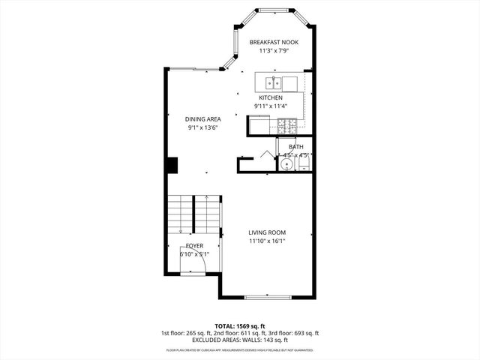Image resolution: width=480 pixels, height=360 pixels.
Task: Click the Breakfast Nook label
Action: [x=274, y=42]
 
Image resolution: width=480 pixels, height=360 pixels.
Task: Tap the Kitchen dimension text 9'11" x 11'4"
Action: [x=271, y=106]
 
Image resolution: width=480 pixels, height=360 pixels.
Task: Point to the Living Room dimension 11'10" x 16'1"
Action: [x=268, y=241]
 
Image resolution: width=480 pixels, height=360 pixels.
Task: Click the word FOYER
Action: [x=194, y=246]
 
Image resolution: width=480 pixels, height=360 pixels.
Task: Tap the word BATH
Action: [x=295, y=146]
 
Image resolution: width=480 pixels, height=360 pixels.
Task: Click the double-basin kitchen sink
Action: [x=275, y=82]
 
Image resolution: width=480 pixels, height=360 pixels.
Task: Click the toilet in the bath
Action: [x=303, y=163]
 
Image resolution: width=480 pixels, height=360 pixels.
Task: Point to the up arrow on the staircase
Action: [x=206, y=199]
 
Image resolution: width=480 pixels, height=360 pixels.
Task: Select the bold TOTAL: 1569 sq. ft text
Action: [x=240, y=326]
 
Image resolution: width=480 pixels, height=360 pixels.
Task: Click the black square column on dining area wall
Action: [x=172, y=163]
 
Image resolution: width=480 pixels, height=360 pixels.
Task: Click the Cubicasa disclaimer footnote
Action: [x=240, y=349]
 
